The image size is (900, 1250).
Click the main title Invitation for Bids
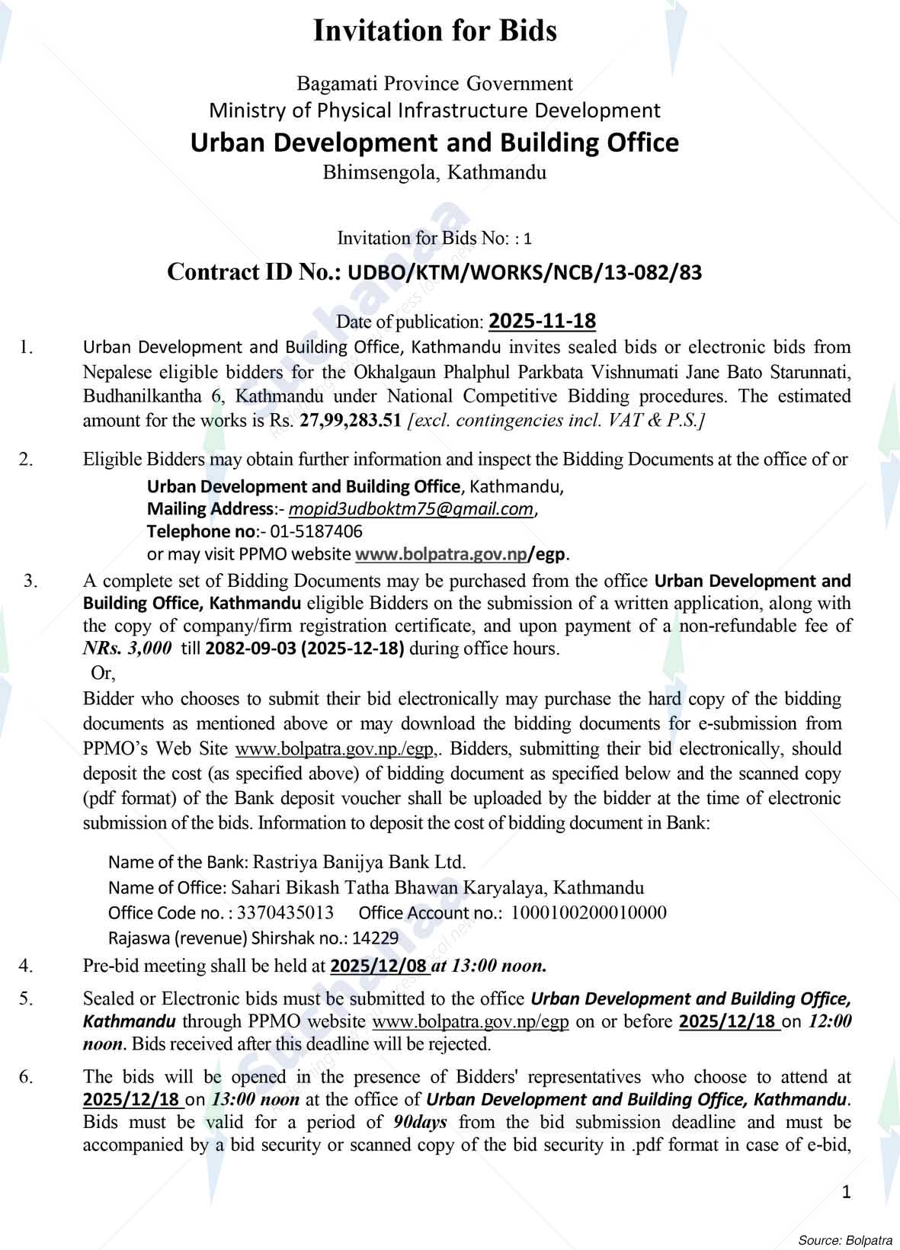point(435,31)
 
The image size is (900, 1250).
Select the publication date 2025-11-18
point(542,321)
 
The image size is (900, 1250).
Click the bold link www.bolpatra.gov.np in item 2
point(441,554)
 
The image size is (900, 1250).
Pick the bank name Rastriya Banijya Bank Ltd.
point(359,862)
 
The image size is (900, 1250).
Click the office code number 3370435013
point(286,913)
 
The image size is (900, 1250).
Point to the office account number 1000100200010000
point(588,913)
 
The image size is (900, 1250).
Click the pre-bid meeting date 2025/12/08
point(379,966)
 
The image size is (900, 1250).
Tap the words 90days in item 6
point(421,1122)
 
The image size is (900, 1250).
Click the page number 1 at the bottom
point(847,1192)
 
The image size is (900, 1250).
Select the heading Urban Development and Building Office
point(434,143)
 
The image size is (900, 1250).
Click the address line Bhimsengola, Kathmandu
point(434,172)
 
